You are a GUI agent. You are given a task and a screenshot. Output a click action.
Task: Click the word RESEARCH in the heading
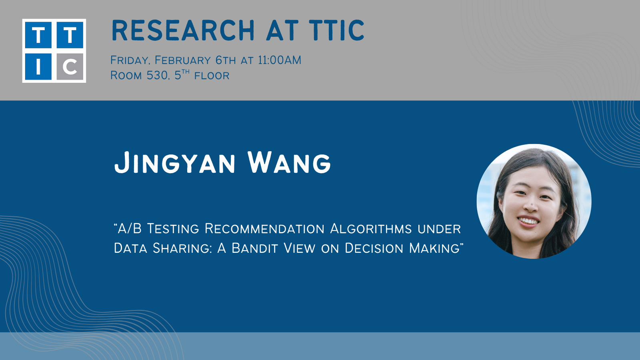coord(183,30)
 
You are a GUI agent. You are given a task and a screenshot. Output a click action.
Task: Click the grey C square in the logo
coord(70,66)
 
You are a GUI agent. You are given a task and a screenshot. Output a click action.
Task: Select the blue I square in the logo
coord(38,66)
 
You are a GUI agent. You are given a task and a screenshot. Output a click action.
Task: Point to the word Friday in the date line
coord(130,60)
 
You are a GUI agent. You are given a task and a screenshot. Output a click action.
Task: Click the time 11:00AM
coord(280,60)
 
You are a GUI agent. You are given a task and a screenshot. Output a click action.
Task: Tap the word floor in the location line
coord(212,76)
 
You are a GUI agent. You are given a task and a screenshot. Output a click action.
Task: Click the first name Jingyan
coord(174,163)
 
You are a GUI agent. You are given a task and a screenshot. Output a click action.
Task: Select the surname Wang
coord(289,163)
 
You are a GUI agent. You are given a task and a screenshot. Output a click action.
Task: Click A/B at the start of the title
coord(128,228)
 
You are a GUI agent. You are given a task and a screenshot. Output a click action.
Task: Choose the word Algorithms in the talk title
coord(371,229)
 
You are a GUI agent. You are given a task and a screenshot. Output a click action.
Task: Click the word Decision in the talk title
coord(374,248)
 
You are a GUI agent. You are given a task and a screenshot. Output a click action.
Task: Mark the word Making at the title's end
coord(434,248)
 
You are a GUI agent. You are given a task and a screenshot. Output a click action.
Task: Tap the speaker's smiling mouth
coord(528,222)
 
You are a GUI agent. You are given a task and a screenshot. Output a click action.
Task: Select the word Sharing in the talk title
coord(182,248)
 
